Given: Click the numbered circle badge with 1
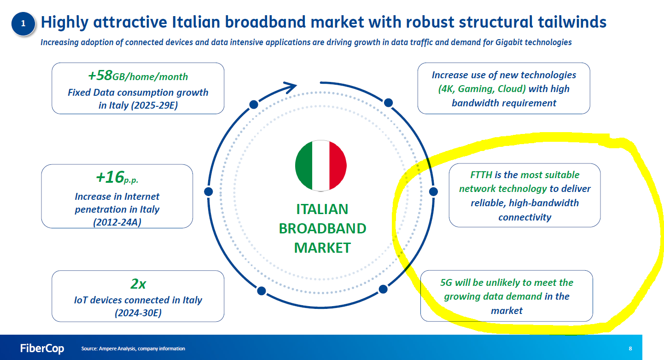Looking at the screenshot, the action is click(23, 23).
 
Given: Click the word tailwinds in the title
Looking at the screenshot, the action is click(572, 22).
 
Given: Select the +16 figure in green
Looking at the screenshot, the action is click(110, 177).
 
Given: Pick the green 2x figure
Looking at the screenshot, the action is click(138, 284).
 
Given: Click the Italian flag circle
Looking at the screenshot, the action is click(321, 166).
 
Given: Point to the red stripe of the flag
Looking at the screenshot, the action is click(338, 166).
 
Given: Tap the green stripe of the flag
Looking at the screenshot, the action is click(304, 166).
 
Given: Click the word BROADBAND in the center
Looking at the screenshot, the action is click(322, 228).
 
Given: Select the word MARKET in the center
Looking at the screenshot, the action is click(322, 248).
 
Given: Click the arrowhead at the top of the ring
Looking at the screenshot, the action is click(291, 87).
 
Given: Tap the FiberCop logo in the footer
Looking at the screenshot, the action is click(42, 348).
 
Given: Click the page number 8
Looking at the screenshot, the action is click(630, 348).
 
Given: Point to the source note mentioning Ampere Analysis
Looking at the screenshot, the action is click(133, 348).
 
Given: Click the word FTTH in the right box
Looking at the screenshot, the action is click(481, 175).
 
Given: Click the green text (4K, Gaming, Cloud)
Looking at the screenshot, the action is click(482, 88).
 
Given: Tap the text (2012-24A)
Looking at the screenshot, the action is click(117, 222).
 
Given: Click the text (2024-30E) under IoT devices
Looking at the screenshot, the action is click(138, 313).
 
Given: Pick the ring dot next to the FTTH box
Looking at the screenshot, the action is click(433, 192).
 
